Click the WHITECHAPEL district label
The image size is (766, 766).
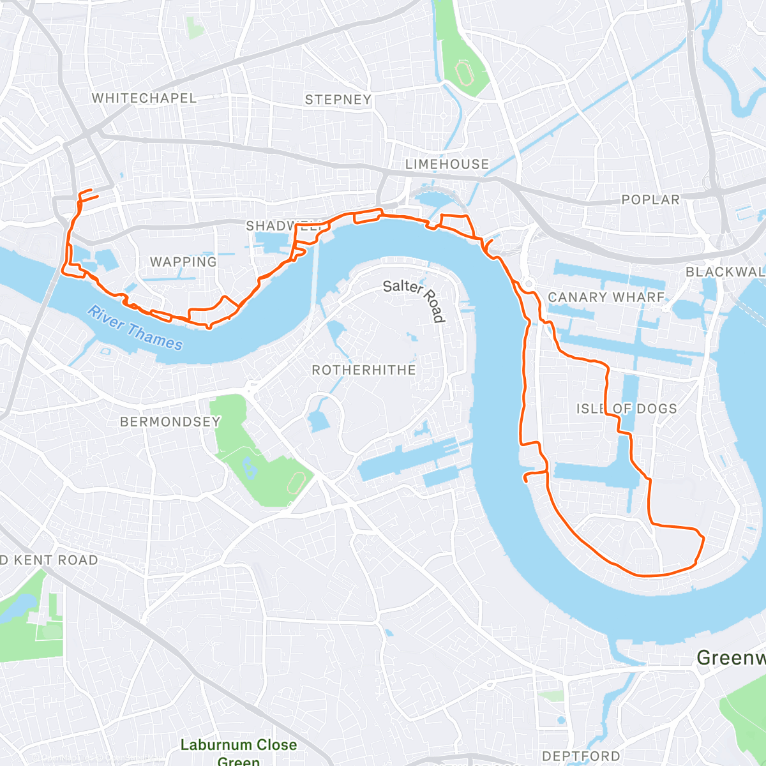pyautogui.click(x=144, y=98)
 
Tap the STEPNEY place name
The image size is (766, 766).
pyautogui.click(x=338, y=100)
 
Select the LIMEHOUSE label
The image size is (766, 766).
pyautogui.click(x=447, y=164)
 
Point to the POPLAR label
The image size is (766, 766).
pyautogui.click(x=650, y=200)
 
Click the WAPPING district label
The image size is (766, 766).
pyautogui.click(x=183, y=262)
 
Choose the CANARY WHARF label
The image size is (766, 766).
pyautogui.click(x=606, y=297)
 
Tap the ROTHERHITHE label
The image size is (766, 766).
pyautogui.click(x=363, y=370)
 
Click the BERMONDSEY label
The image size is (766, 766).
pyautogui.click(x=170, y=422)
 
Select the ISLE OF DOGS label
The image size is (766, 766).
pyautogui.click(x=626, y=409)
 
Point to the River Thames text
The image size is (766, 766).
pyautogui.click(x=135, y=329)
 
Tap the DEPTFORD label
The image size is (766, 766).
pyautogui.click(x=581, y=756)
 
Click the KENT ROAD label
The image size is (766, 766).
pyautogui.click(x=50, y=560)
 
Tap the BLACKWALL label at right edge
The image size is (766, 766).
pyautogui.click(x=725, y=272)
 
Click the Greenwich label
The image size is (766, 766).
pyautogui.click(x=731, y=657)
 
